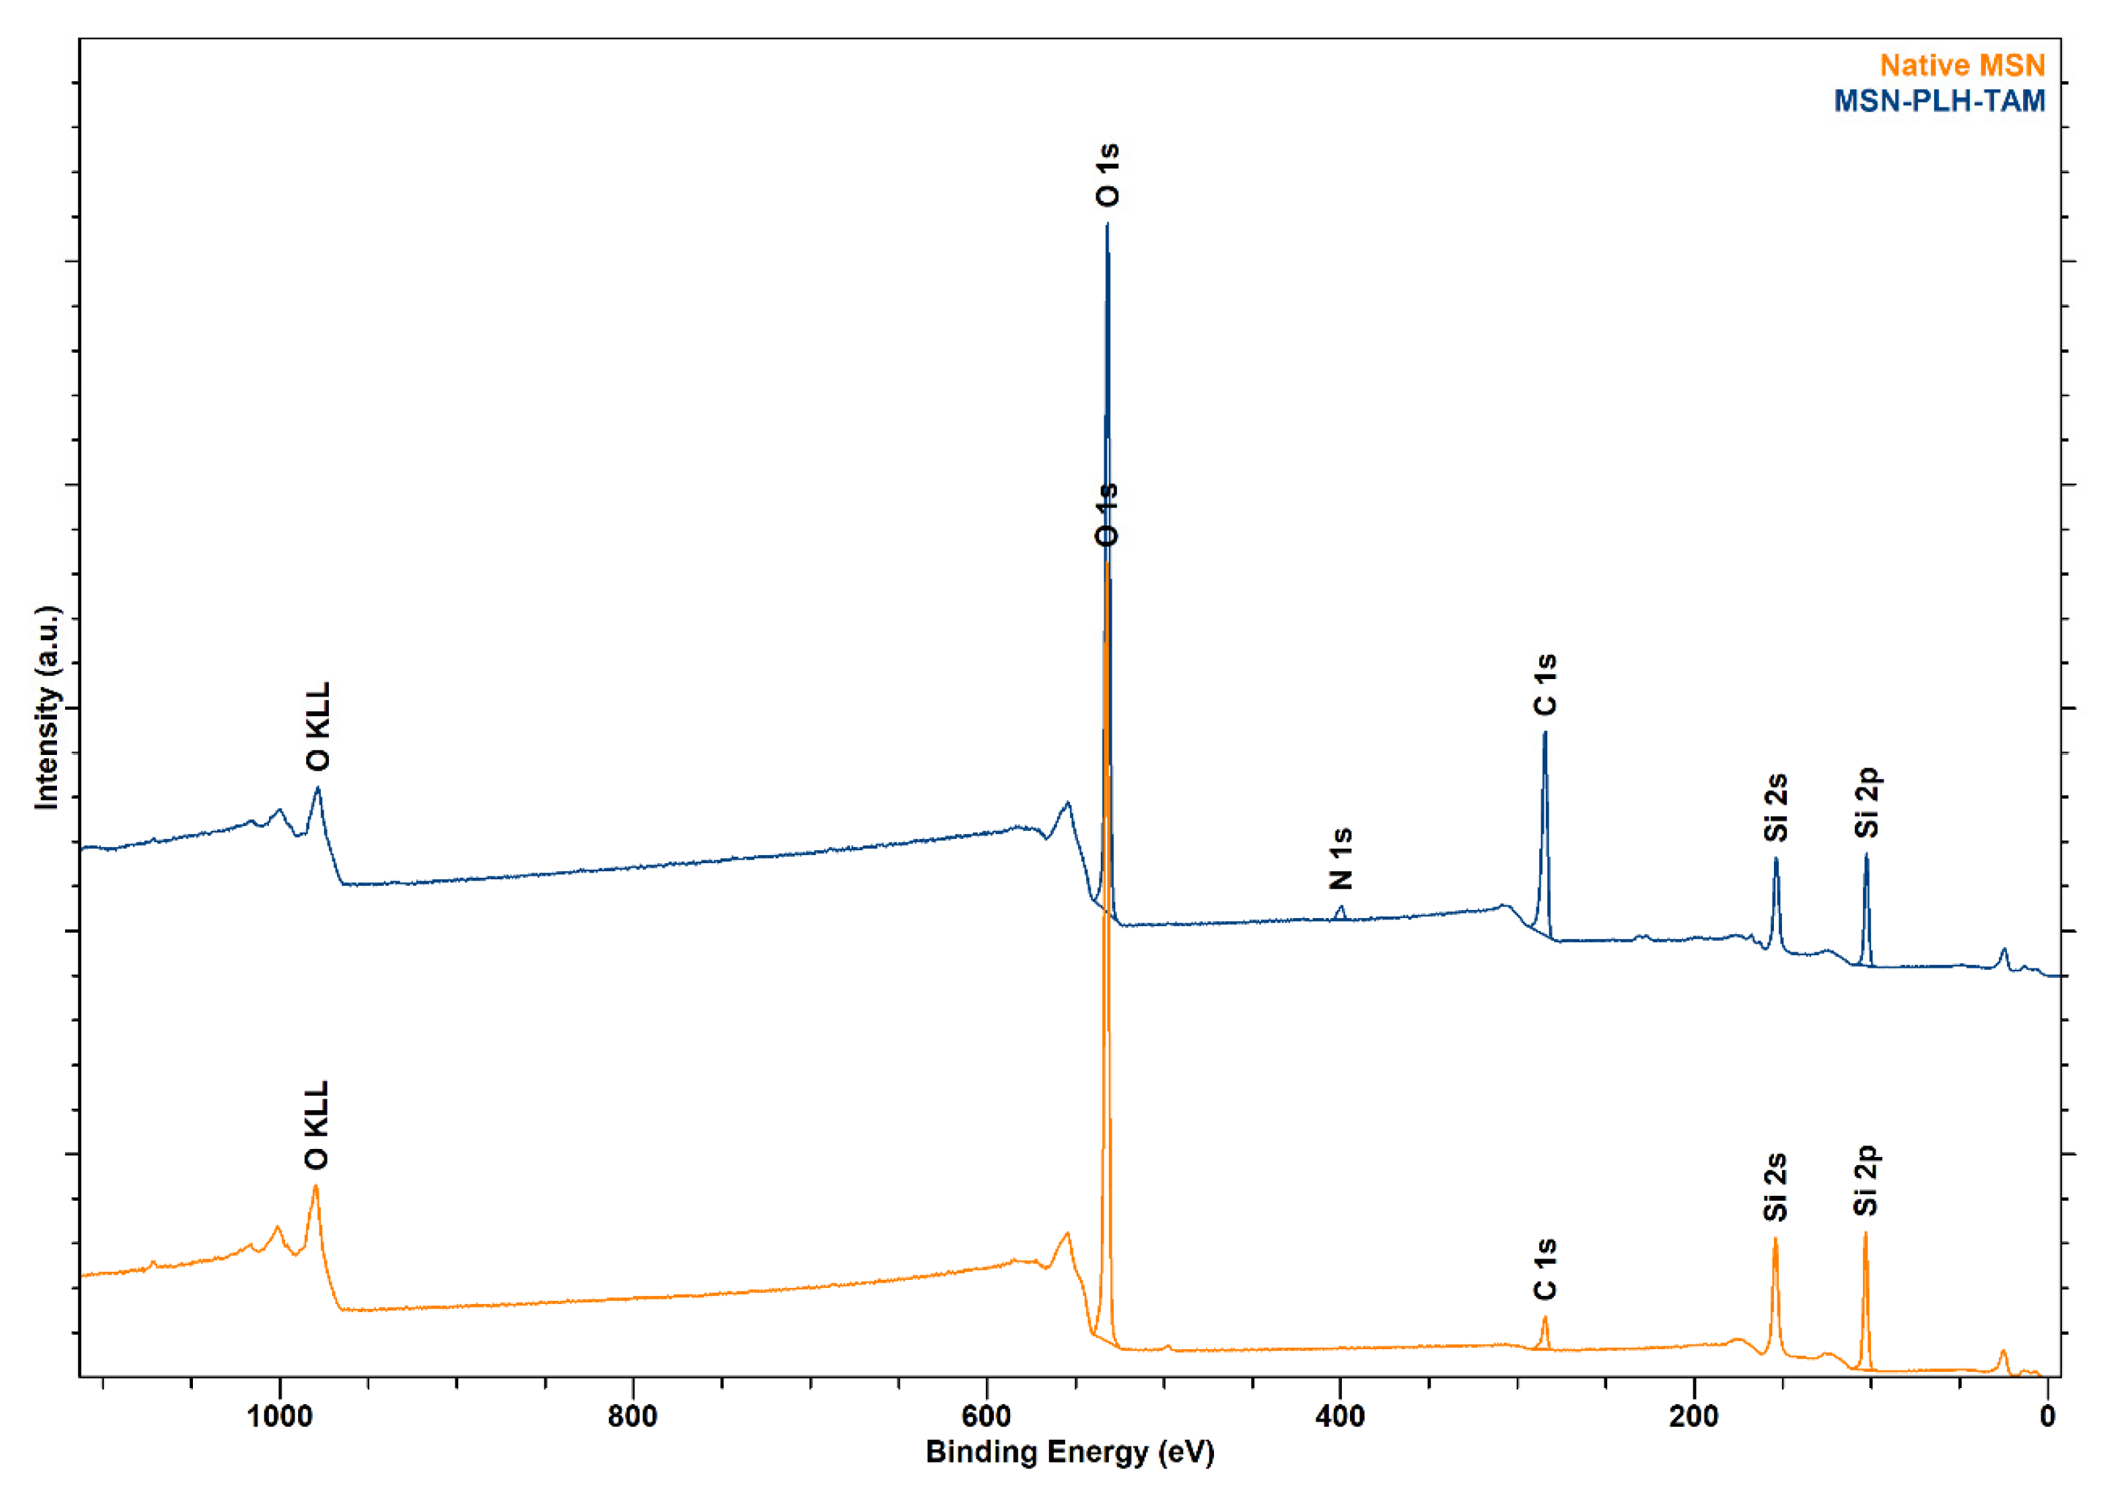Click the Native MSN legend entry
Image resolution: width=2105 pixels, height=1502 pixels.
tap(1962, 66)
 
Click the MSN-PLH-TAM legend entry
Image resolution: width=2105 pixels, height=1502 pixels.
tap(1939, 100)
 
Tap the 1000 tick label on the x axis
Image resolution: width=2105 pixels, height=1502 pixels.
tap(279, 1416)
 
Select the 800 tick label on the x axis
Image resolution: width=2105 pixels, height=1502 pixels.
tap(633, 1416)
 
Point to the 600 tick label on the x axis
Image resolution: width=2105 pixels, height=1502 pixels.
tap(986, 1416)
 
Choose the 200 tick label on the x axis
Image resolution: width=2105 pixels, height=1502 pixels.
tap(1694, 1416)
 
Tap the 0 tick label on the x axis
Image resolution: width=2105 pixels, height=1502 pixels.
tap(2048, 1416)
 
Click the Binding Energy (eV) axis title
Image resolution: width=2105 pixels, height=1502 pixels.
tap(1069, 1452)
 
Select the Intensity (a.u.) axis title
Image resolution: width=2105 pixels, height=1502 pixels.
tap(46, 708)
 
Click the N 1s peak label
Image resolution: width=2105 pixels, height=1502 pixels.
tap(1341, 858)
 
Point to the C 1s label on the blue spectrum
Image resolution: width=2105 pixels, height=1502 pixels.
tap(1545, 686)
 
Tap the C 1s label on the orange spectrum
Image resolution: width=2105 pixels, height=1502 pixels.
tap(1545, 1270)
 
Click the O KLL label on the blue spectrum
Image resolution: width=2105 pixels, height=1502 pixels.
tap(318, 727)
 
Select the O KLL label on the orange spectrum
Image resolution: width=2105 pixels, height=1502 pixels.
tap(316, 1126)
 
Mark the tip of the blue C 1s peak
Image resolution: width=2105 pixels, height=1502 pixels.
tap(1544, 732)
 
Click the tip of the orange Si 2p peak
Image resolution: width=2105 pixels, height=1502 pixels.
tap(1865, 1233)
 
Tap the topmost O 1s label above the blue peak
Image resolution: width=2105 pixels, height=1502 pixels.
tap(1107, 175)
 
